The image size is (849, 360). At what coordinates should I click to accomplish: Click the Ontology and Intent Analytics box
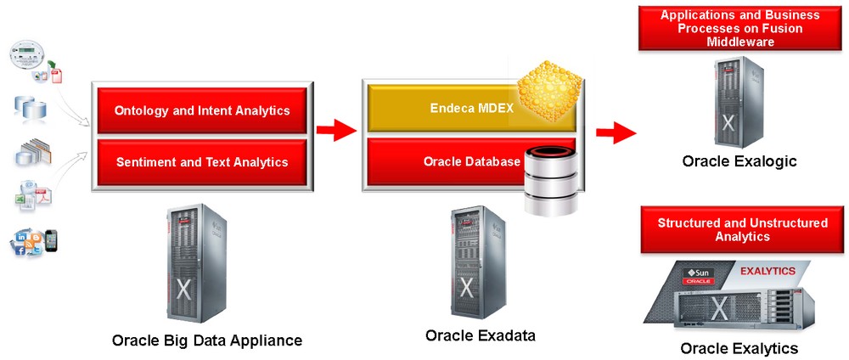click(x=201, y=110)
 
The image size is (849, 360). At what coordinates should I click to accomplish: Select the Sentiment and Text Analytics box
click(x=201, y=161)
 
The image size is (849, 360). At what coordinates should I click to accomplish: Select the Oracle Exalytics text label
click(x=739, y=348)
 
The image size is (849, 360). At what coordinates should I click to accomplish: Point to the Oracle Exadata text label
click(x=480, y=335)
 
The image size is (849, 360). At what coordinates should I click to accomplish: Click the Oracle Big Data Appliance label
click(x=206, y=340)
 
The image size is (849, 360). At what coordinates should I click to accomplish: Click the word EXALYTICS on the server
click(x=767, y=271)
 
